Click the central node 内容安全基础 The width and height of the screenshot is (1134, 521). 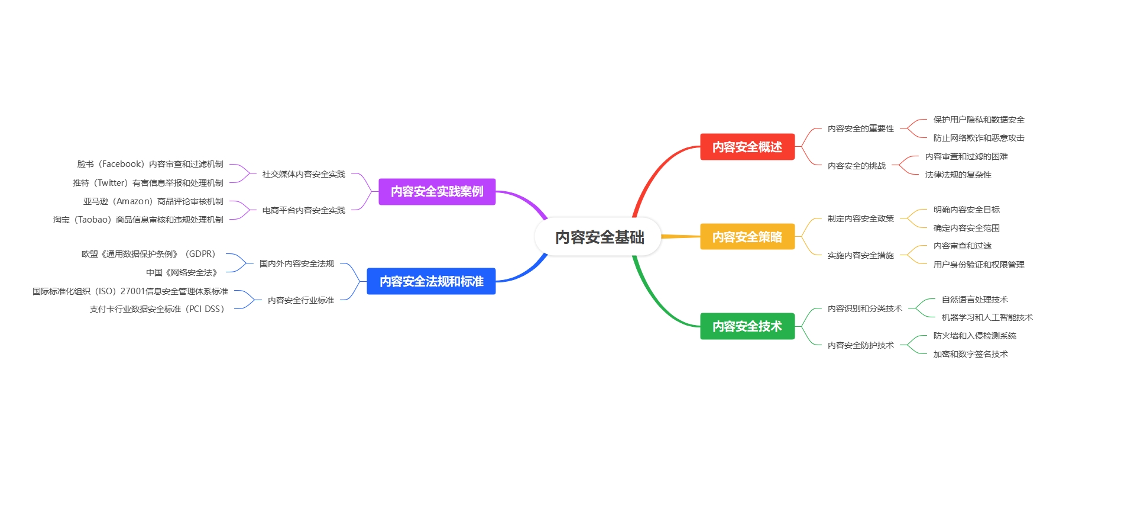pos(599,237)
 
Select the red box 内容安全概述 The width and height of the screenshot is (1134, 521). pos(747,147)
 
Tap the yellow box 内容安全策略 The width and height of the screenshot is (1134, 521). pos(747,237)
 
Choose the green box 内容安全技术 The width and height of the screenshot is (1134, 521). pos(747,326)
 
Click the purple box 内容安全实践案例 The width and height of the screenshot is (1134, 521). pos(437,192)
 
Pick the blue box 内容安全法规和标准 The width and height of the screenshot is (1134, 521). pos(431,281)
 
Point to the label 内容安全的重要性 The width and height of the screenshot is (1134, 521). pos(860,128)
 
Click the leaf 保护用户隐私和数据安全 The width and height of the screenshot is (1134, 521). pos(979,120)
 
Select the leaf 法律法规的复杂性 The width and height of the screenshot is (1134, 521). pos(958,175)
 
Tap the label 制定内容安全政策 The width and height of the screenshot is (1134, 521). pos(860,218)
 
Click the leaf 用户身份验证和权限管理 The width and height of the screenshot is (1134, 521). pos(979,265)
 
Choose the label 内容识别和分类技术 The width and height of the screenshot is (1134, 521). pos(864,308)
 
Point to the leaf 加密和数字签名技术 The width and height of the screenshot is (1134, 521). pos(970,354)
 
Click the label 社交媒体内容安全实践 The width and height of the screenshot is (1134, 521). pos(303,174)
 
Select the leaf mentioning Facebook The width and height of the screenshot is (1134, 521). pos(150,164)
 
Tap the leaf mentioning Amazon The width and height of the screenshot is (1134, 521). pos(153,201)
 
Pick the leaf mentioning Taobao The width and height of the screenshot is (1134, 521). pos(138,220)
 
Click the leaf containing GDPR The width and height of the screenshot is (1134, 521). pos(149,254)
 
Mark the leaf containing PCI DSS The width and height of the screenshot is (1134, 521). pos(157,309)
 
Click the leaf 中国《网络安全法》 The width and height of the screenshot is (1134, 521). pos(182,272)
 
